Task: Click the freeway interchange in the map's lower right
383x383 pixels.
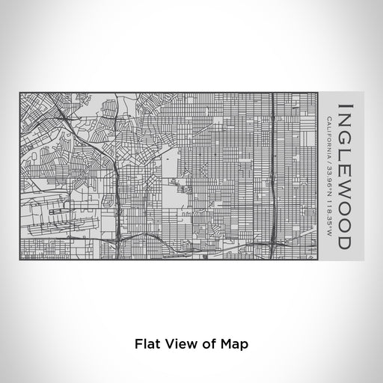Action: pyautogui.click(x=276, y=241)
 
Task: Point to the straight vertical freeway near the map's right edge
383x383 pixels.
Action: pyautogui.click(x=275, y=150)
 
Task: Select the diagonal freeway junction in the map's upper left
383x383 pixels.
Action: pyautogui.click(x=66, y=119)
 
